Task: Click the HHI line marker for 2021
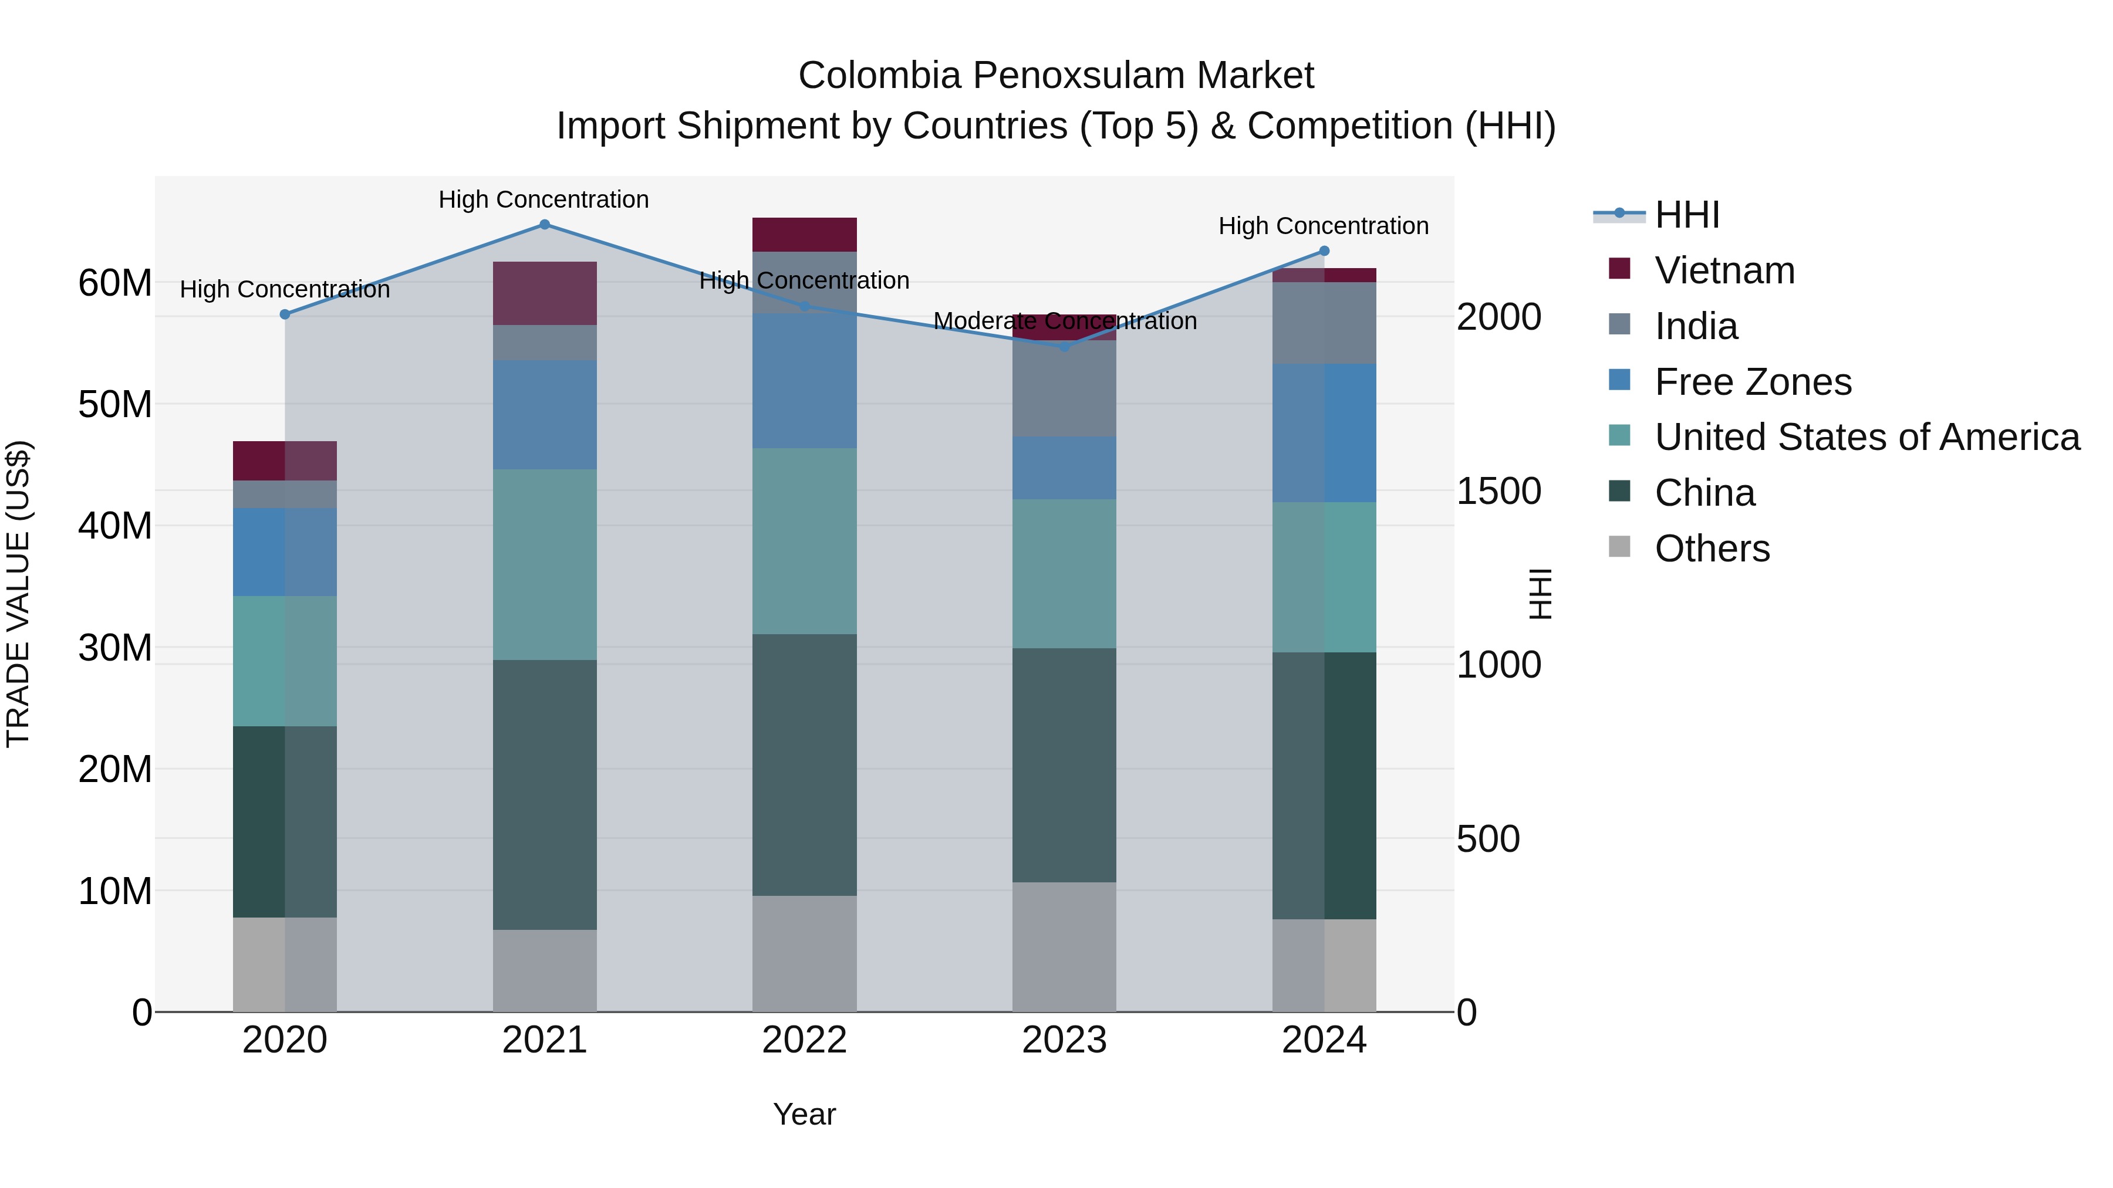click(545, 225)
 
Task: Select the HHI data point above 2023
click(1064, 347)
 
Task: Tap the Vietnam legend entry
click(1724, 270)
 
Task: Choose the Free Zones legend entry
click(1752, 382)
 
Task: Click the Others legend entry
click(1712, 549)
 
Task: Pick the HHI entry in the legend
click(1686, 215)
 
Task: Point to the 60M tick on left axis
click(115, 284)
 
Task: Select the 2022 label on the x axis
click(804, 1040)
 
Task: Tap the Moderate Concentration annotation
click(1065, 321)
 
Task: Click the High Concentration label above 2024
click(1323, 226)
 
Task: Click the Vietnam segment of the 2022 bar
click(804, 235)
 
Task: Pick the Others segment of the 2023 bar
click(1064, 946)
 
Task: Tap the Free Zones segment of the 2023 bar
click(1064, 468)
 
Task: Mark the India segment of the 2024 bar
click(1324, 323)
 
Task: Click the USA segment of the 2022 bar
click(804, 540)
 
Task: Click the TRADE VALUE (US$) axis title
click(18, 594)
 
